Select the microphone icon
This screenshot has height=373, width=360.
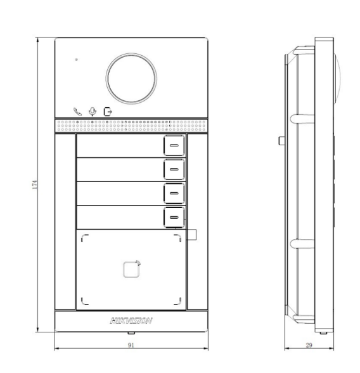point(93,111)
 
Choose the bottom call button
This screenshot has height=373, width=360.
point(174,217)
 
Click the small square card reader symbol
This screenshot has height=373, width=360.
point(131,269)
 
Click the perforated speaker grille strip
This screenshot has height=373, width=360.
point(131,124)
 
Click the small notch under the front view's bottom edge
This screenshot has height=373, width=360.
point(131,332)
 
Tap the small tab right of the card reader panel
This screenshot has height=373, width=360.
point(191,235)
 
